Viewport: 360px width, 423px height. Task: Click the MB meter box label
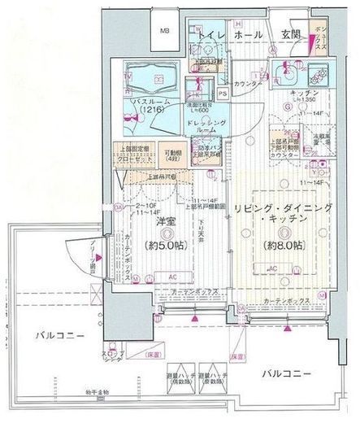pyautogui.click(x=163, y=32)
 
